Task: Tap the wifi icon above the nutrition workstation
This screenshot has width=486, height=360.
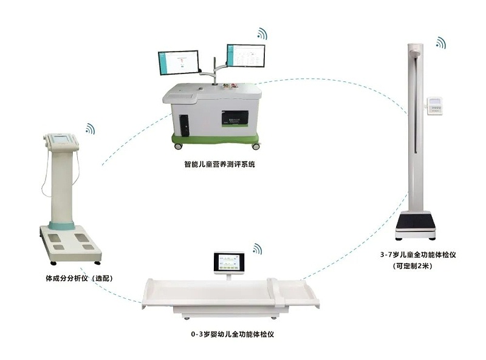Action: click(x=262, y=33)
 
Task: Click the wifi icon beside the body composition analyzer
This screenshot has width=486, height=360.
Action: click(x=90, y=129)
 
